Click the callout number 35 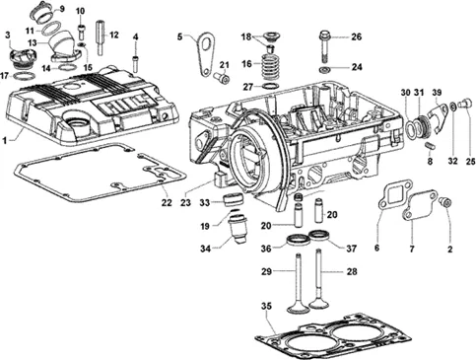point(266,306)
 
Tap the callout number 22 point(167,202)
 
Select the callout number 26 point(356,36)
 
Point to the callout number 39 point(437,93)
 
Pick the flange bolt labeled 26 point(325,45)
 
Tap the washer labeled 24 point(325,69)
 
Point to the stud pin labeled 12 point(101,37)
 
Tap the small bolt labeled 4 point(135,64)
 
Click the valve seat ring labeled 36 point(298,240)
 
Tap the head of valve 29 point(298,309)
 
